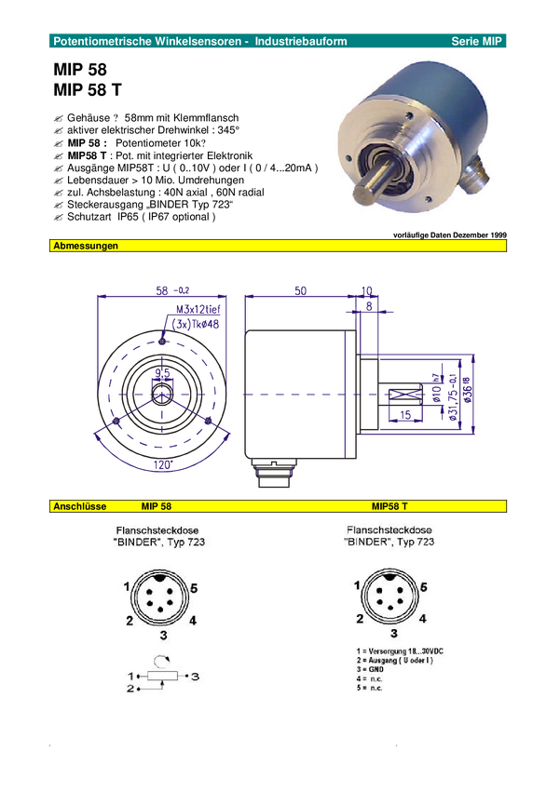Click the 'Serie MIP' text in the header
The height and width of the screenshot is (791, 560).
pyautogui.click(x=476, y=41)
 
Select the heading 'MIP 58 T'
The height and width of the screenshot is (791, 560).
pyautogui.click(x=88, y=89)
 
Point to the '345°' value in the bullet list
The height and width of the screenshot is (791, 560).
pyautogui.click(x=228, y=130)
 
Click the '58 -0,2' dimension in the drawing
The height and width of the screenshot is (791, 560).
pyautogui.click(x=172, y=290)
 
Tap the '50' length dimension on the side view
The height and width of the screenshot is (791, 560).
pyautogui.click(x=300, y=290)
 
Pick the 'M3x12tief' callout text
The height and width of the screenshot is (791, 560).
pyautogui.click(x=198, y=309)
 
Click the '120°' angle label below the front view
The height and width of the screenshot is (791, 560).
pyautogui.click(x=163, y=464)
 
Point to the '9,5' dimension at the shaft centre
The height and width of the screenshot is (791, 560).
pyautogui.click(x=162, y=373)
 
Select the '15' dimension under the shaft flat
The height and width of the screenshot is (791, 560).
pyautogui.click(x=405, y=415)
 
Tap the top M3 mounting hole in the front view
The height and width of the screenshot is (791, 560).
pyautogui.click(x=162, y=342)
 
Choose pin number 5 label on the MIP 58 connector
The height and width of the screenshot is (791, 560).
pyautogui.click(x=195, y=588)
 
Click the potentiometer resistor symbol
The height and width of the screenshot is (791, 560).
pyautogui.click(x=162, y=676)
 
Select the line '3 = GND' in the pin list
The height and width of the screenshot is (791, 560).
pyautogui.click(x=370, y=669)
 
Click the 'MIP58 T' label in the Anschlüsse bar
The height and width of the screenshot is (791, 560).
pyautogui.click(x=389, y=506)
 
